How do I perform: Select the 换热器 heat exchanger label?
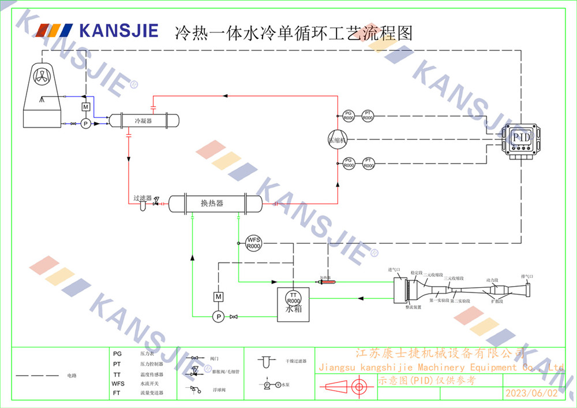[212, 203]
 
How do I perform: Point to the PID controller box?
[521, 139]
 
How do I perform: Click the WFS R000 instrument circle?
[254, 243]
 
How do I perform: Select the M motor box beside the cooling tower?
[85, 107]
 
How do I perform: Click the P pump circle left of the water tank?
[218, 316]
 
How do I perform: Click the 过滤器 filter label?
[142, 198]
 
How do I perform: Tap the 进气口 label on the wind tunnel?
[395, 269]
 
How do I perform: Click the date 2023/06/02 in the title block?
[531, 394]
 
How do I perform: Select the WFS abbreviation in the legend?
[118, 383]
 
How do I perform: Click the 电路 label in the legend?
[72, 376]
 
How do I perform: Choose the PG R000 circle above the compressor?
[348, 116]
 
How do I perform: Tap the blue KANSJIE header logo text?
[118, 30]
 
